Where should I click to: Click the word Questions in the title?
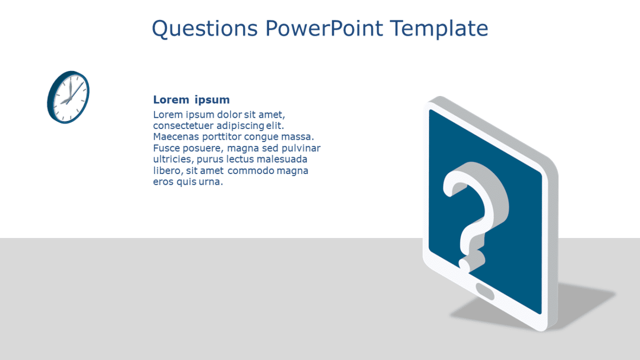[205, 29]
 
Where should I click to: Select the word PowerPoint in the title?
[324, 28]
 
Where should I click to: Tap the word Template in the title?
[439, 29]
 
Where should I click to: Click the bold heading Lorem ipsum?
[191, 100]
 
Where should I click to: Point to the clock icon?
[68, 97]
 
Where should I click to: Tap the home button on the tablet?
[485, 292]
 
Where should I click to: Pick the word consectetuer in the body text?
[183, 125]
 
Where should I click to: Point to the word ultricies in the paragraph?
[173, 159]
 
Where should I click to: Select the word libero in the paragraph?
[168, 171]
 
